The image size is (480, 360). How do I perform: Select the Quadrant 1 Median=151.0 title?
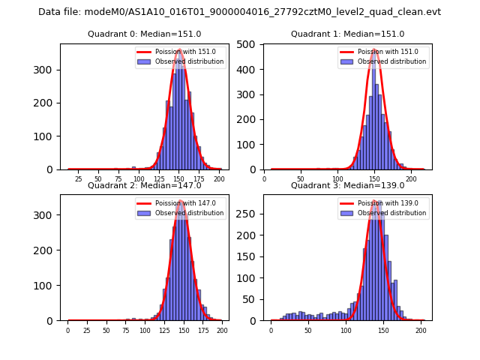pyautogui.click(x=347, y=34)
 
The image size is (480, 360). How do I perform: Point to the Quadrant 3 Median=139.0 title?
pyautogui.click(x=347, y=185)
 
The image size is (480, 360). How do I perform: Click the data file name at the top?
pyautogui.click(x=240, y=12)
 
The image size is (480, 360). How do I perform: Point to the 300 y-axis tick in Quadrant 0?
pyautogui.click(x=49, y=70)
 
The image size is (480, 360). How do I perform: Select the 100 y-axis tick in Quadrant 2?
pyautogui.click(x=49, y=286)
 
